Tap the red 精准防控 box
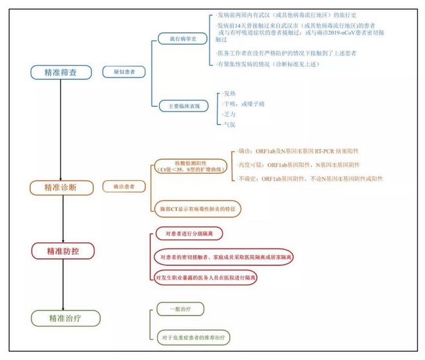(x=63, y=249)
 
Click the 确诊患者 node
(x=124, y=187)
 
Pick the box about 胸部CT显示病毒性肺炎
(x=191, y=209)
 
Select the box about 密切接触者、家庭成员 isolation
(x=223, y=257)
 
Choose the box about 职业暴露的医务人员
(x=207, y=278)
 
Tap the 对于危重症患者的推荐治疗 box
(x=194, y=337)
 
